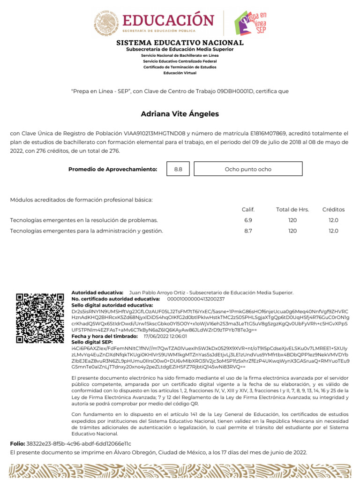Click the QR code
(x=40, y=318)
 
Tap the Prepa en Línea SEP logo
(x=253, y=23)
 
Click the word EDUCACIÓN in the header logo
(x=168, y=20)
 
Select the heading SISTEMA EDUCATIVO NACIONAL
(x=180, y=43)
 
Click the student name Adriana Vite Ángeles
(x=180, y=114)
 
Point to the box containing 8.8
(x=178, y=169)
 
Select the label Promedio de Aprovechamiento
(x=112, y=169)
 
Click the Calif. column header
(x=248, y=210)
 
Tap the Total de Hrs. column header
(x=292, y=210)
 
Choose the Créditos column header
(x=333, y=210)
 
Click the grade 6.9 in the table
(x=248, y=220)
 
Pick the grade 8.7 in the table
(x=248, y=231)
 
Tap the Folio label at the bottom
(x=18, y=443)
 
